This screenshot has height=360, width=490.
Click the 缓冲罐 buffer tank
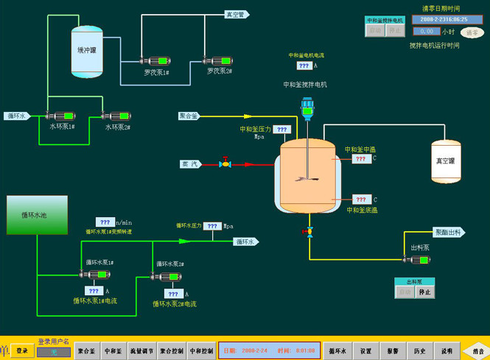pos(87,52)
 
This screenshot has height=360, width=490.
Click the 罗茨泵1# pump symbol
pos(156,61)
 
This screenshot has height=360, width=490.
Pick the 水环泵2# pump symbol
pos(116,116)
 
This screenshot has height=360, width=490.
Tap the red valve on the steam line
pos(225,163)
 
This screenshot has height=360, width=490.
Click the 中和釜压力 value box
pos(282,130)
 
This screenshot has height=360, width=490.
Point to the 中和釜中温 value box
pos(360,159)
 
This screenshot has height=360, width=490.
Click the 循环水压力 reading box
pos(212,226)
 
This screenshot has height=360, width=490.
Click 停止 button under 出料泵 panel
pos(424,292)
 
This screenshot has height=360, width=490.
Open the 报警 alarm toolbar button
pos(393,351)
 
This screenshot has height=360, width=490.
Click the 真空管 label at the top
pos(237,14)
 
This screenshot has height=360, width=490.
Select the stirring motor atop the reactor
pos(307,109)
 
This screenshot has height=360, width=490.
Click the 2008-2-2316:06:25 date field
pos(444,19)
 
